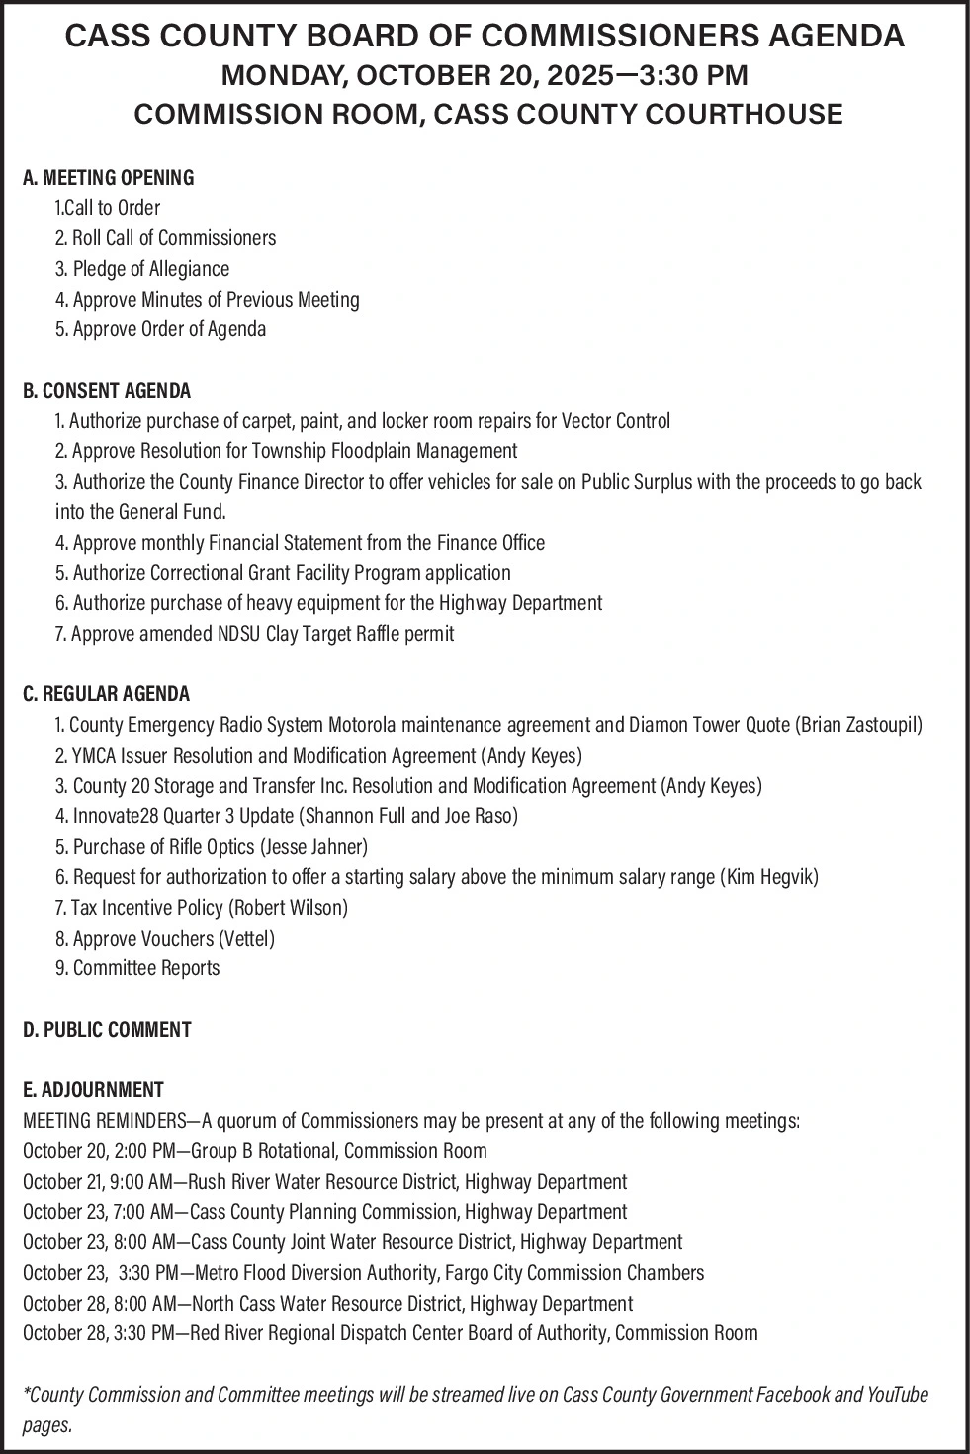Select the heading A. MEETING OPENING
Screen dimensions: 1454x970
[x=108, y=178]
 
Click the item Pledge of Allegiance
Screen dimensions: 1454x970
[x=150, y=269]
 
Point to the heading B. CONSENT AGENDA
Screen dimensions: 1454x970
[x=107, y=391]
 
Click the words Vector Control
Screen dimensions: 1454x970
[x=615, y=421]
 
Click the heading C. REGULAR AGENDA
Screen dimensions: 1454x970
[x=106, y=694]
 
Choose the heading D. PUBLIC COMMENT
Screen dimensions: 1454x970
[x=107, y=1030]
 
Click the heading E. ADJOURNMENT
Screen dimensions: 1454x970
[x=93, y=1090]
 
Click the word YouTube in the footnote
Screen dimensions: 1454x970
[x=897, y=1395]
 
